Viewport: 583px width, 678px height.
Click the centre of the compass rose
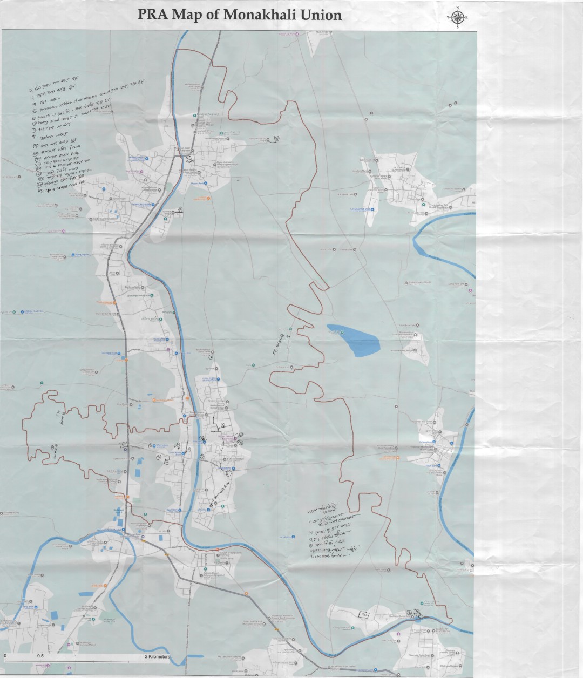458,18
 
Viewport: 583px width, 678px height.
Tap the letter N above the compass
458,8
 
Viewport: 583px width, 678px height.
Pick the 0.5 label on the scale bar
40,656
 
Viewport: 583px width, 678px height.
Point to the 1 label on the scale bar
76,656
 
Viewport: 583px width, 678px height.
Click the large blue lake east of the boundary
354,340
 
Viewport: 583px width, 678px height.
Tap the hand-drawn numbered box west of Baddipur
365,614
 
